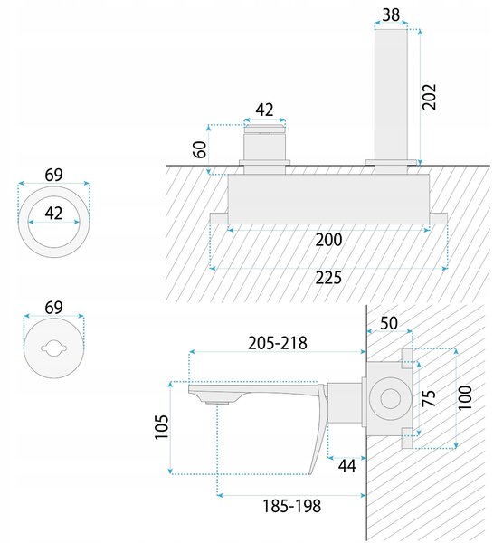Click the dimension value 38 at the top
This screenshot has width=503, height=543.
(x=391, y=14)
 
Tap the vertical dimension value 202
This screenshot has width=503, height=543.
(x=429, y=97)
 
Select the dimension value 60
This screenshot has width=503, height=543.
(x=200, y=149)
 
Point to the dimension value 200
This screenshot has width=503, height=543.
(x=328, y=240)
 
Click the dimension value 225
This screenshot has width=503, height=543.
(x=328, y=278)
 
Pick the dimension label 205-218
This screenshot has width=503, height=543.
(x=278, y=343)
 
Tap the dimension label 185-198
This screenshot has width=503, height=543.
(x=292, y=506)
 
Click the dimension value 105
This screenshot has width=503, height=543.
(x=161, y=427)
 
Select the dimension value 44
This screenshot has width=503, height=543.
(x=346, y=466)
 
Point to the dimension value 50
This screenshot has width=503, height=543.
(x=389, y=323)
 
